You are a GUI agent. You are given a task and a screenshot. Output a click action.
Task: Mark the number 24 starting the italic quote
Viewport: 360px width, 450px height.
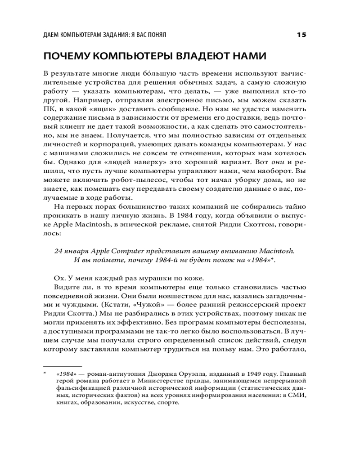(58, 250)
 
